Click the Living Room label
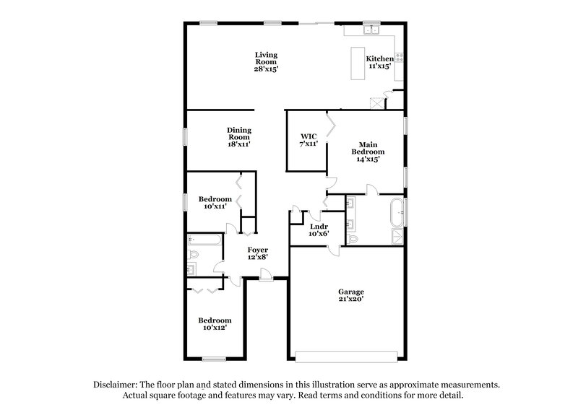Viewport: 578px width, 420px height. pos(266,62)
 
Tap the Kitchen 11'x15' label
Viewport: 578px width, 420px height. pos(379,62)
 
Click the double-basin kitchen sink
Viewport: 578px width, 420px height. pos(373,30)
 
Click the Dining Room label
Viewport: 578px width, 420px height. pos(239,137)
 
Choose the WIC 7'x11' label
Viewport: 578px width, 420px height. pos(309,140)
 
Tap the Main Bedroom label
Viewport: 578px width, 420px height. pos(368,152)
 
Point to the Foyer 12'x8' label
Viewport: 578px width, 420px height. pos(238,254)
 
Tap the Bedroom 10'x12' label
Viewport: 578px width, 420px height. pos(216,324)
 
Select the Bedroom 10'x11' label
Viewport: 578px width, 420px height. pos(216,203)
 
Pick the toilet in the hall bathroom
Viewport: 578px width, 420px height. pos(194,255)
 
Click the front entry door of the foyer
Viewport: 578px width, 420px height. pos(267,275)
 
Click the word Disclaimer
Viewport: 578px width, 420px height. pos(116,385)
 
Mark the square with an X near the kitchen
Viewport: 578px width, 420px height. pos(374,102)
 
